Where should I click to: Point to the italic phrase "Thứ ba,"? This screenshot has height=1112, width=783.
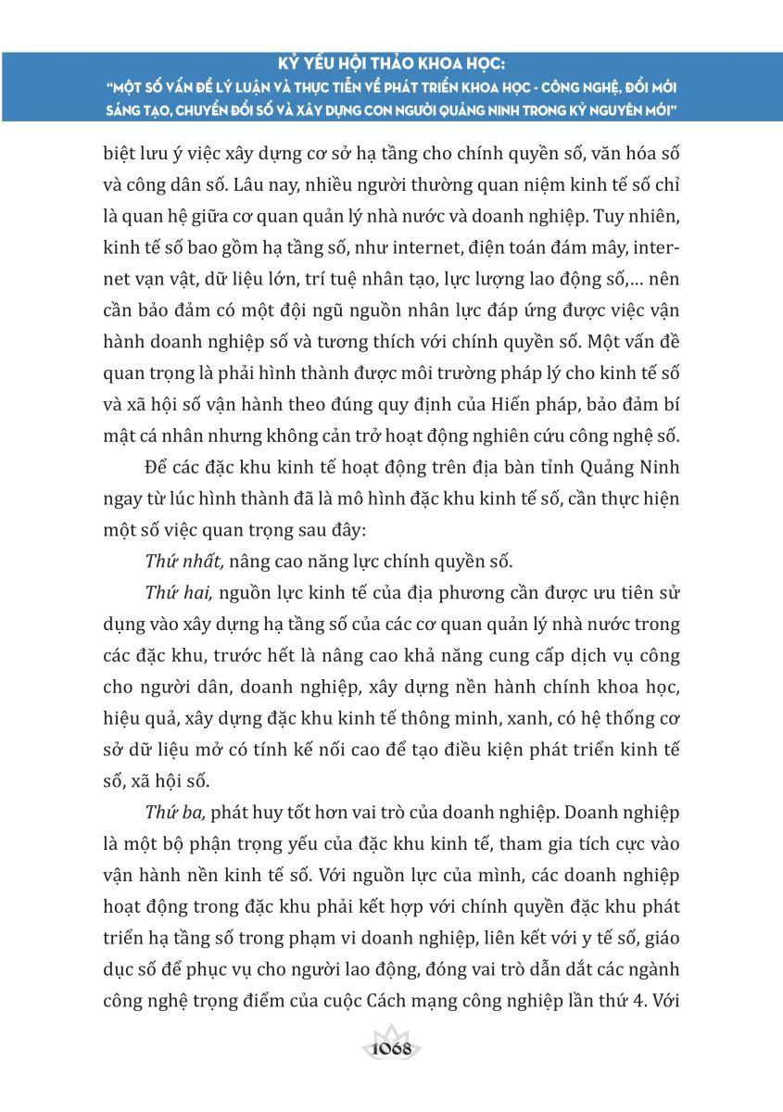click(177, 812)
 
